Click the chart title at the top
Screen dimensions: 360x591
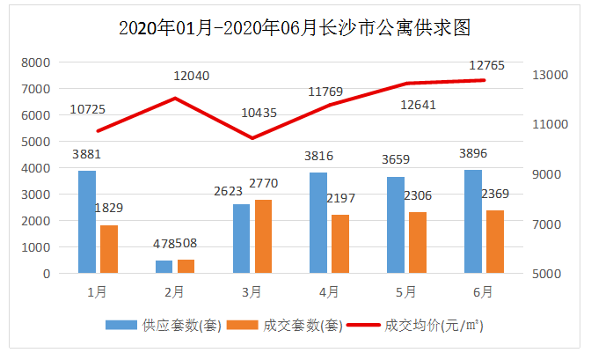(295, 28)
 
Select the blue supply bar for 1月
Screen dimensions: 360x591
(87, 222)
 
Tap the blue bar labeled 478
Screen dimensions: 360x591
(164, 267)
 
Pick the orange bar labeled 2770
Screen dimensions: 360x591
(263, 236)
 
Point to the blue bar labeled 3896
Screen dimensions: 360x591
(473, 222)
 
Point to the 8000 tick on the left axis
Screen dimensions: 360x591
(35, 62)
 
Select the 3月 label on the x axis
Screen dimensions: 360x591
(252, 290)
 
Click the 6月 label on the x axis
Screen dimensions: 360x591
(483, 290)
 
